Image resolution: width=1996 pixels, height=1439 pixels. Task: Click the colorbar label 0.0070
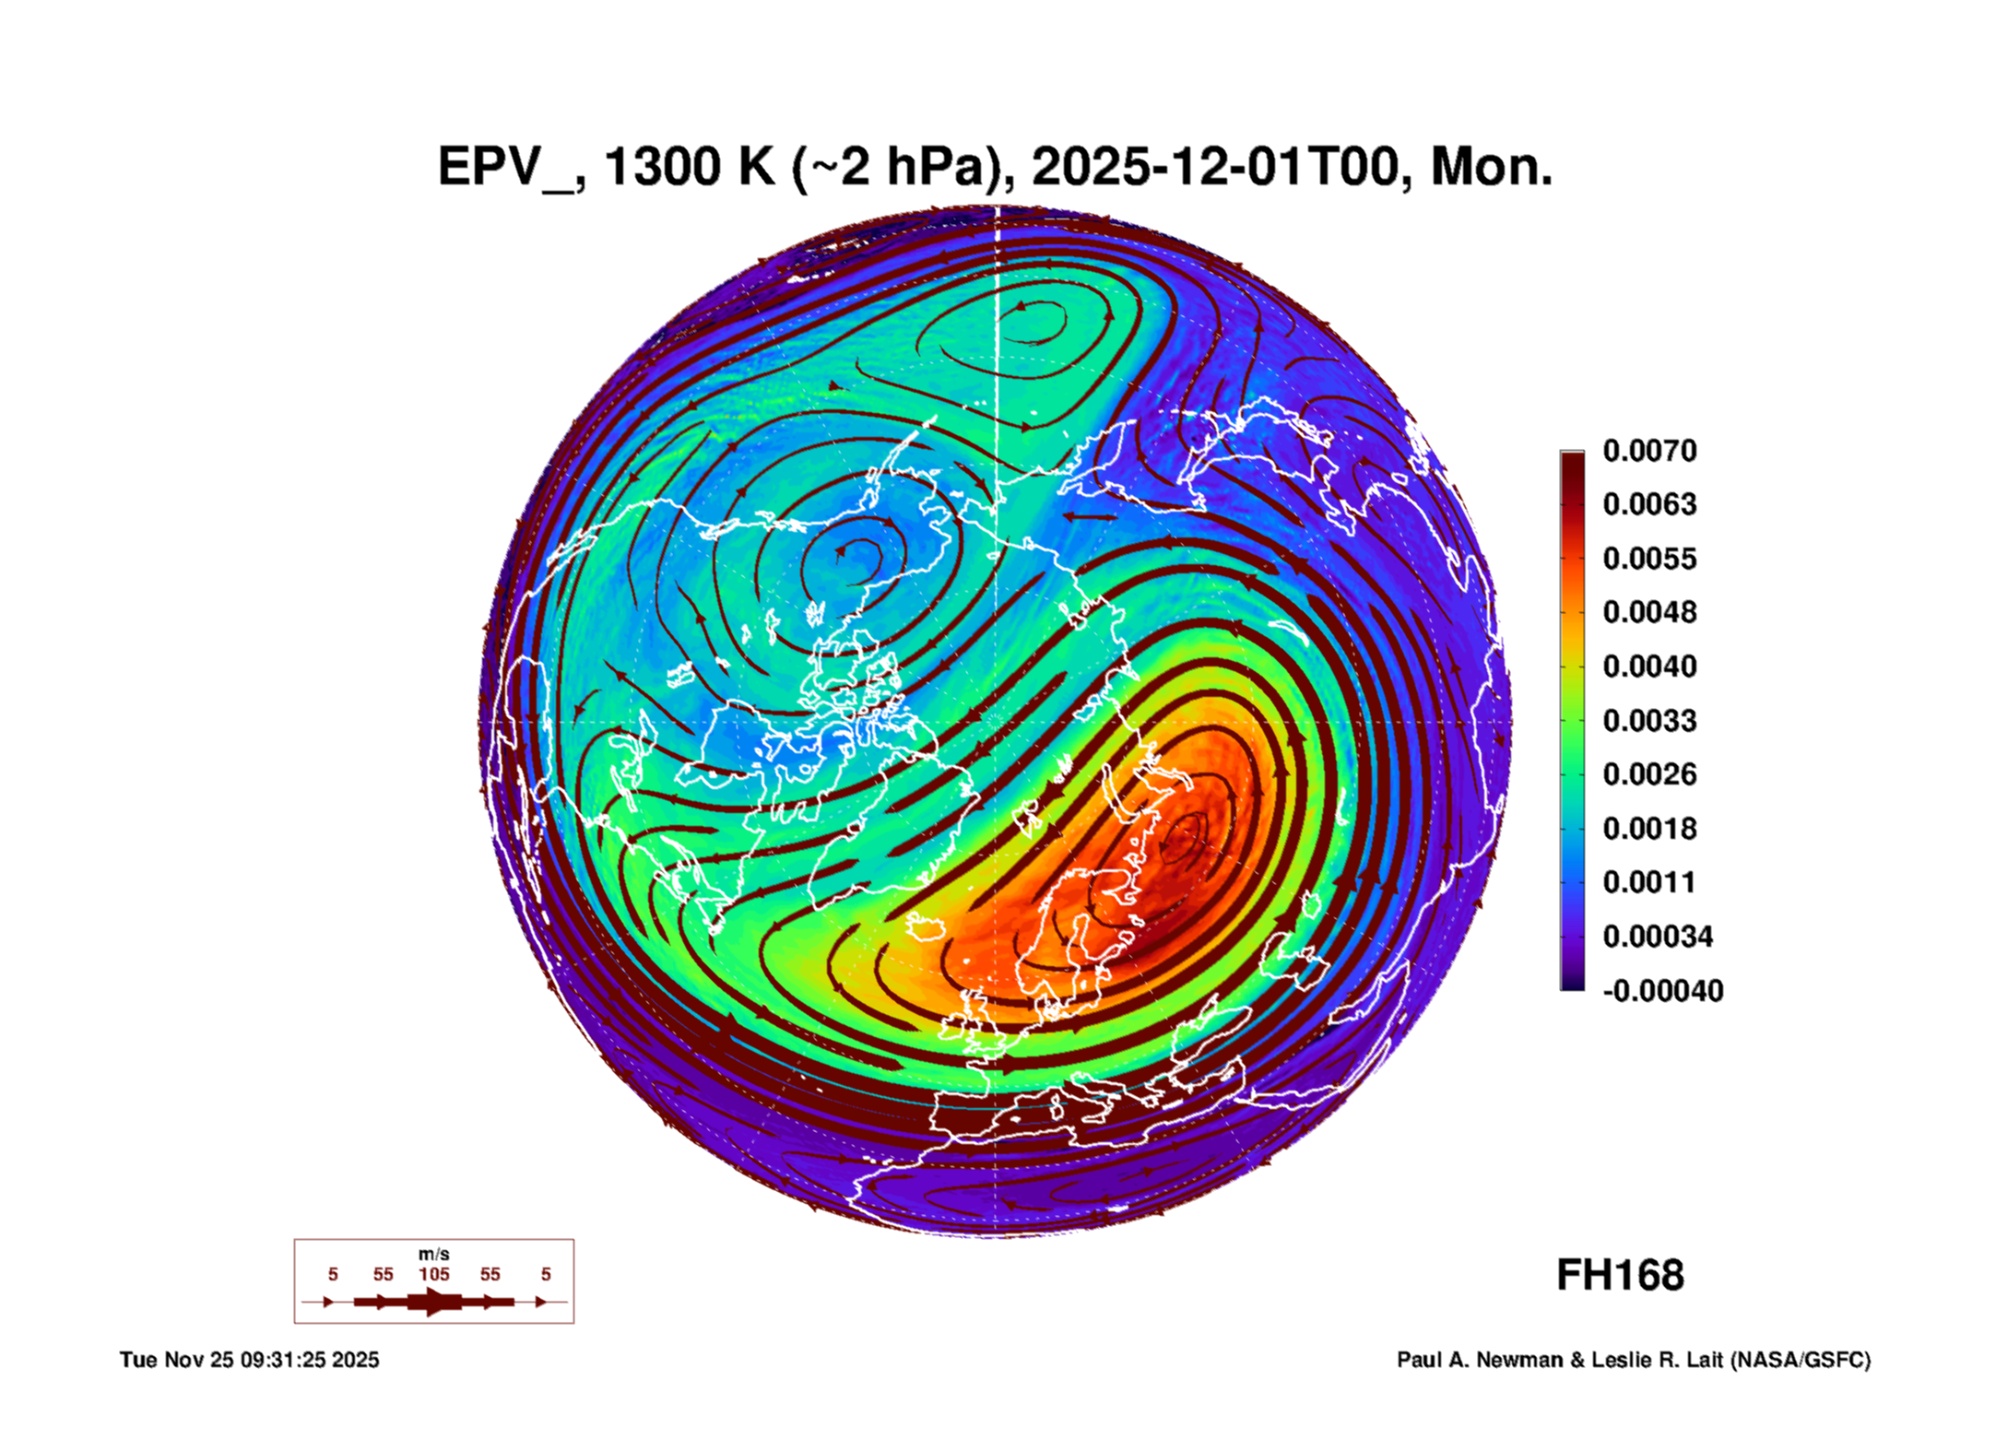pyautogui.click(x=1648, y=451)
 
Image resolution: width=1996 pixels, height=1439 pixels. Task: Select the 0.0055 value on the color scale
pyautogui.click(x=1648, y=559)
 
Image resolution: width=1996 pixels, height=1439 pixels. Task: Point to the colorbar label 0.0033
pyautogui.click(x=1648, y=720)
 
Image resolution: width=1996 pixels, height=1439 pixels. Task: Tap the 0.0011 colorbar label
pyautogui.click(x=1648, y=882)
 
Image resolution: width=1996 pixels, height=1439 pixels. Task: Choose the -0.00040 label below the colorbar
pyautogui.click(x=1662, y=991)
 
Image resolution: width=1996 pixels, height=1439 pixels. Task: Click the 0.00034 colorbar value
pyautogui.click(x=1657, y=937)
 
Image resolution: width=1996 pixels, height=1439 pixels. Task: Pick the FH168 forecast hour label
pyautogui.click(x=1620, y=1276)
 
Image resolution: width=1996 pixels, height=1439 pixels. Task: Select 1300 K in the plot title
pyautogui.click(x=689, y=168)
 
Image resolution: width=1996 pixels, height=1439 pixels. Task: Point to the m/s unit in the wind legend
pyautogui.click(x=434, y=1254)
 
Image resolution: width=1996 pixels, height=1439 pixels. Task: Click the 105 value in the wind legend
pyautogui.click(x=434, y=1274)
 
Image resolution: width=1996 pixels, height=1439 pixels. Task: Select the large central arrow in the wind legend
pyautogui.click(x=434, y=1302)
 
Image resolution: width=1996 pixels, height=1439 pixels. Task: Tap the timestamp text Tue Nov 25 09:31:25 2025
pyautogui.click(x=249, y=1360)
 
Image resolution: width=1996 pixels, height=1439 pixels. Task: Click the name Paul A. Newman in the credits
pyautogui.click(x=1481, y=1360)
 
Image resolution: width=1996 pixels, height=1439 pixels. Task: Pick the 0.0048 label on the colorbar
pyautogui.click(x=1648, y=612)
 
